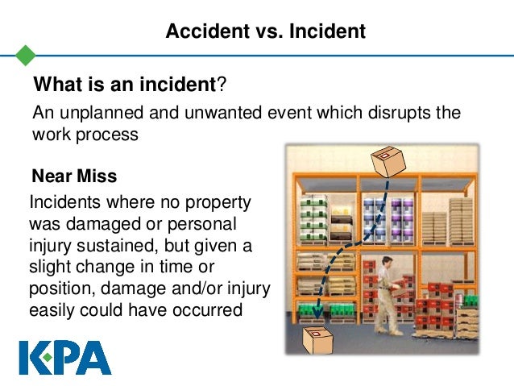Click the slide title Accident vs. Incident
265,31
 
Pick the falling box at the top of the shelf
386,161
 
